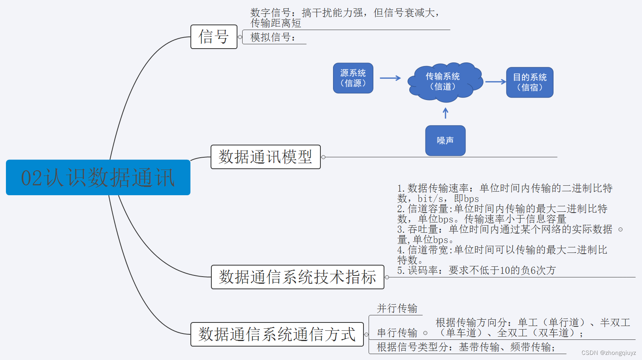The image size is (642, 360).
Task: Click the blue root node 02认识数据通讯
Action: [98, 177]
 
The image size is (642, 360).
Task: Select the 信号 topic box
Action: [214, 37]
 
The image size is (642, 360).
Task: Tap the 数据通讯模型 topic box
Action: [265, 157]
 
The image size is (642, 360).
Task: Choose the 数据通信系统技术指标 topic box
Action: [297, 277]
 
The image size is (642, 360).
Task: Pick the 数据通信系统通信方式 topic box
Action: [277, 334]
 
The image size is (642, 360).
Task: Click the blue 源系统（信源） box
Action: [353, 78]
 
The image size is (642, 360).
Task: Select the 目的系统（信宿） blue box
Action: [529, 82]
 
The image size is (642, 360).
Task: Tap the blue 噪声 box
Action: [445, 141]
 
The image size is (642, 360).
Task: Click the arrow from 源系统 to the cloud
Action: [390, 78]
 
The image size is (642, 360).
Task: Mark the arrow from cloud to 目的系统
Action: [495, 82]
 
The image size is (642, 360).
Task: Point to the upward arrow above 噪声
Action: [446, 113]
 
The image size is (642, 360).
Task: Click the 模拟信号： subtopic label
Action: [273, 38]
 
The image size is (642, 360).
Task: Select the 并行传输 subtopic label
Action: [397, 309]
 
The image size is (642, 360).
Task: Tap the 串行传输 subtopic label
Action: [397, 333]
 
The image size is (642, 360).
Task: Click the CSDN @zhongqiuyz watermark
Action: [608, 353]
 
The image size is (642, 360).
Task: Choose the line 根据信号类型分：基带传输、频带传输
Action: [466, 347]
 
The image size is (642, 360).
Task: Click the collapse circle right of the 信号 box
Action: [240, 37]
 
